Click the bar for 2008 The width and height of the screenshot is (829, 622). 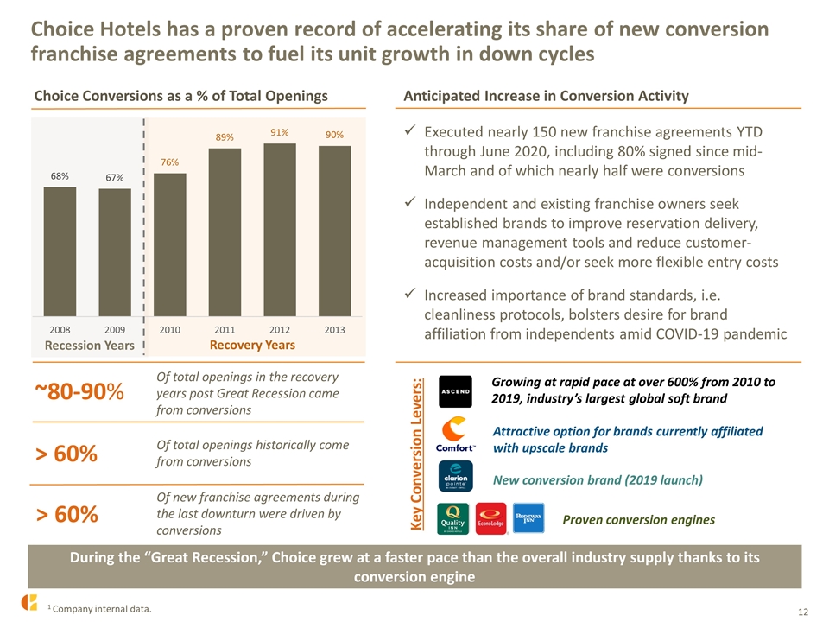[60, 251]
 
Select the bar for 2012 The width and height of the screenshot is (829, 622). [280, 230]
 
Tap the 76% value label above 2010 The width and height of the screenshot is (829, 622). [170, 162]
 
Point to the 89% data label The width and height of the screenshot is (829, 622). [225, 137]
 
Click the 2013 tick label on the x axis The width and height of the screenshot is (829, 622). [335, 330]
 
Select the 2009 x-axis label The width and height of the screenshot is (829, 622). [115, 330]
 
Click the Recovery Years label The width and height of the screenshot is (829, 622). [252, 345]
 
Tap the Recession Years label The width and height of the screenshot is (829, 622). [89, 346]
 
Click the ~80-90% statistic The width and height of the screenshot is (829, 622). [79, 392]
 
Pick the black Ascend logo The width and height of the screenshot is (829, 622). [455, 391]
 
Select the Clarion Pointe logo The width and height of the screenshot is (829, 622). [455, 476]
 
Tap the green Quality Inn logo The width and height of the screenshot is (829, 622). [453, 518]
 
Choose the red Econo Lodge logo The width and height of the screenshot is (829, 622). [491, 518]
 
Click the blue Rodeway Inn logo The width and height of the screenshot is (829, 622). [528, 517]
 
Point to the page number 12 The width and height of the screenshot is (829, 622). [803, 612]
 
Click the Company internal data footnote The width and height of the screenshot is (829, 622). [99, 609]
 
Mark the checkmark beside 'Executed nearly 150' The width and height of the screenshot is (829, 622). [409, 130]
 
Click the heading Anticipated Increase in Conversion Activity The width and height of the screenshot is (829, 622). [546, 96]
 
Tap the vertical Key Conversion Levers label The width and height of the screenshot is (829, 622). [416, 454]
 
